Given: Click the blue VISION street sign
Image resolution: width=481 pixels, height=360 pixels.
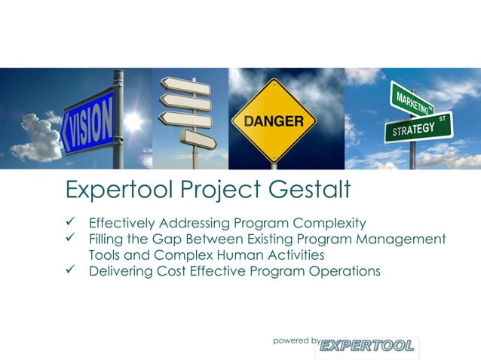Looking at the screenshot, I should (88, 121).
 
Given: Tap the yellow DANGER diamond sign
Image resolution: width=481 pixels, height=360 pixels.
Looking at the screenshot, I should (273, 121).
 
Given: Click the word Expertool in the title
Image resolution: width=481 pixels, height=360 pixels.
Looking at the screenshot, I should (115, 189).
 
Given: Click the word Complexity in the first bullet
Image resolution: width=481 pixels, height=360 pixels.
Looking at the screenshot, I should (328, 223).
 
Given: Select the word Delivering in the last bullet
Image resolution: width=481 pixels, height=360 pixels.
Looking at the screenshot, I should (121, 270).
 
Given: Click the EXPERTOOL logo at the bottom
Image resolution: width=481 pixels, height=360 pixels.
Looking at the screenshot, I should (367, 346).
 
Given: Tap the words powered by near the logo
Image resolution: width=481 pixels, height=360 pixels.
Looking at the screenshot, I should (296, 340).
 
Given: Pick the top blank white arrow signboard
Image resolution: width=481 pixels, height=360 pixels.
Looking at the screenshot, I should (185, 85).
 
